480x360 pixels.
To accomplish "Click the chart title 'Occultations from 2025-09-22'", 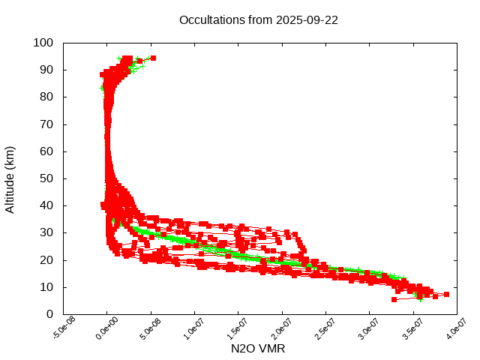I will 258,20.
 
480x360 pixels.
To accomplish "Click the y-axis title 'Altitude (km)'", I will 10,178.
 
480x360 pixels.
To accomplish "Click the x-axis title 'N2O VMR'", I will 258,349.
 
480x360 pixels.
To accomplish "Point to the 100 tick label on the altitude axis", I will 43,43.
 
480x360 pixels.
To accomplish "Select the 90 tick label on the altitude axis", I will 46,70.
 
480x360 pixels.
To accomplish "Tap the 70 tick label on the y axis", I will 46,124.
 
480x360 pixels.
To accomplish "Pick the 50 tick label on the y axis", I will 46,178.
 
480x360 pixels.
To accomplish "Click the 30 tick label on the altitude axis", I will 46,232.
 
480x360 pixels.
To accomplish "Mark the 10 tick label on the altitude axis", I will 46,287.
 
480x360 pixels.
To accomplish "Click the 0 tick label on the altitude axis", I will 49,314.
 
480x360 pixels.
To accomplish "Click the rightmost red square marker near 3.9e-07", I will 446,295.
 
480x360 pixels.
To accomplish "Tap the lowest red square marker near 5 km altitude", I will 394,299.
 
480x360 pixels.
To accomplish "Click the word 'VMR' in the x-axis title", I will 272,349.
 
